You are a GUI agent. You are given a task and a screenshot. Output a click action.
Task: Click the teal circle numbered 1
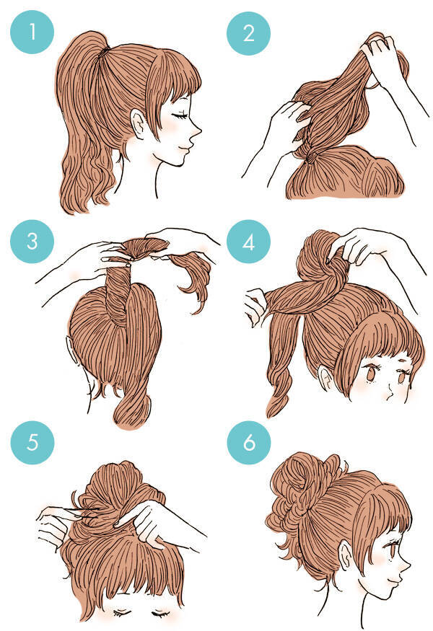(x=32, y=32)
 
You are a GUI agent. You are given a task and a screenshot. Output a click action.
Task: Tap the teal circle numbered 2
(x=248, y=33)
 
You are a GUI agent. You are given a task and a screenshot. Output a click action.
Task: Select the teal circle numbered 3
(x=32, y=242)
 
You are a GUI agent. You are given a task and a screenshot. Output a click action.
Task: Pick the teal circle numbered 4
(x=248, y=242)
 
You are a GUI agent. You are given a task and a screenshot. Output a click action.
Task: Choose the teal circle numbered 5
(x=32, y=443)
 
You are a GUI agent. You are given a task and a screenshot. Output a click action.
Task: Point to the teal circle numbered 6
(x=249, y=443)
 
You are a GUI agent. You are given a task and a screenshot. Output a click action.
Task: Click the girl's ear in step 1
(x=138, y=124)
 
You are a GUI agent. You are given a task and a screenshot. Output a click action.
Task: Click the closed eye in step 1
(x=179, y=115)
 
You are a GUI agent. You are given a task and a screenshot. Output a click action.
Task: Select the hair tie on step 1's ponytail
(x=105, y=50)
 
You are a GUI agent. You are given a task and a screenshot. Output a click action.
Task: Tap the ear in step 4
(x=325, y=377)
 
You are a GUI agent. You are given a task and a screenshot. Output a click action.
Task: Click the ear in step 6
(x=346, y=556)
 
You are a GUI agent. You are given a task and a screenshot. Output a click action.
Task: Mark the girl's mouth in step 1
(x=188, y=148)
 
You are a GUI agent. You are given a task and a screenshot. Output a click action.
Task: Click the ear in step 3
(x=69, y=345)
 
